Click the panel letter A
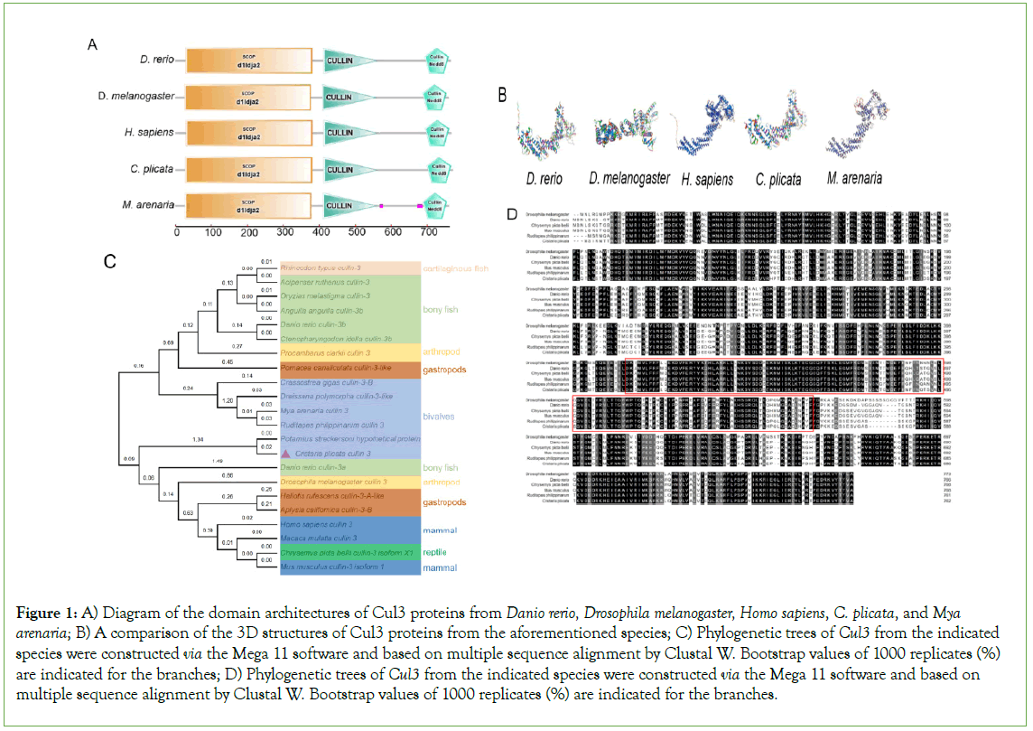tap(92, 44)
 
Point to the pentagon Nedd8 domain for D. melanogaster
tap(437, 96)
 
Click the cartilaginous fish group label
tap(456, 268)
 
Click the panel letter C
tap(109, 261)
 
